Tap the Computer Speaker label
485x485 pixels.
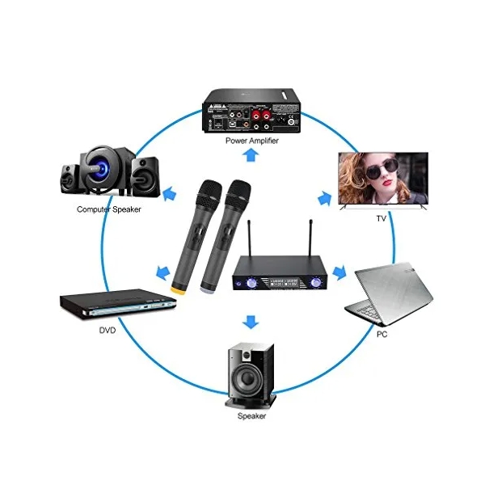(108, 209)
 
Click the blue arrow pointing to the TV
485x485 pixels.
(324, 197)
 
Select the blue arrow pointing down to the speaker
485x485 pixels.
(252, 322)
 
